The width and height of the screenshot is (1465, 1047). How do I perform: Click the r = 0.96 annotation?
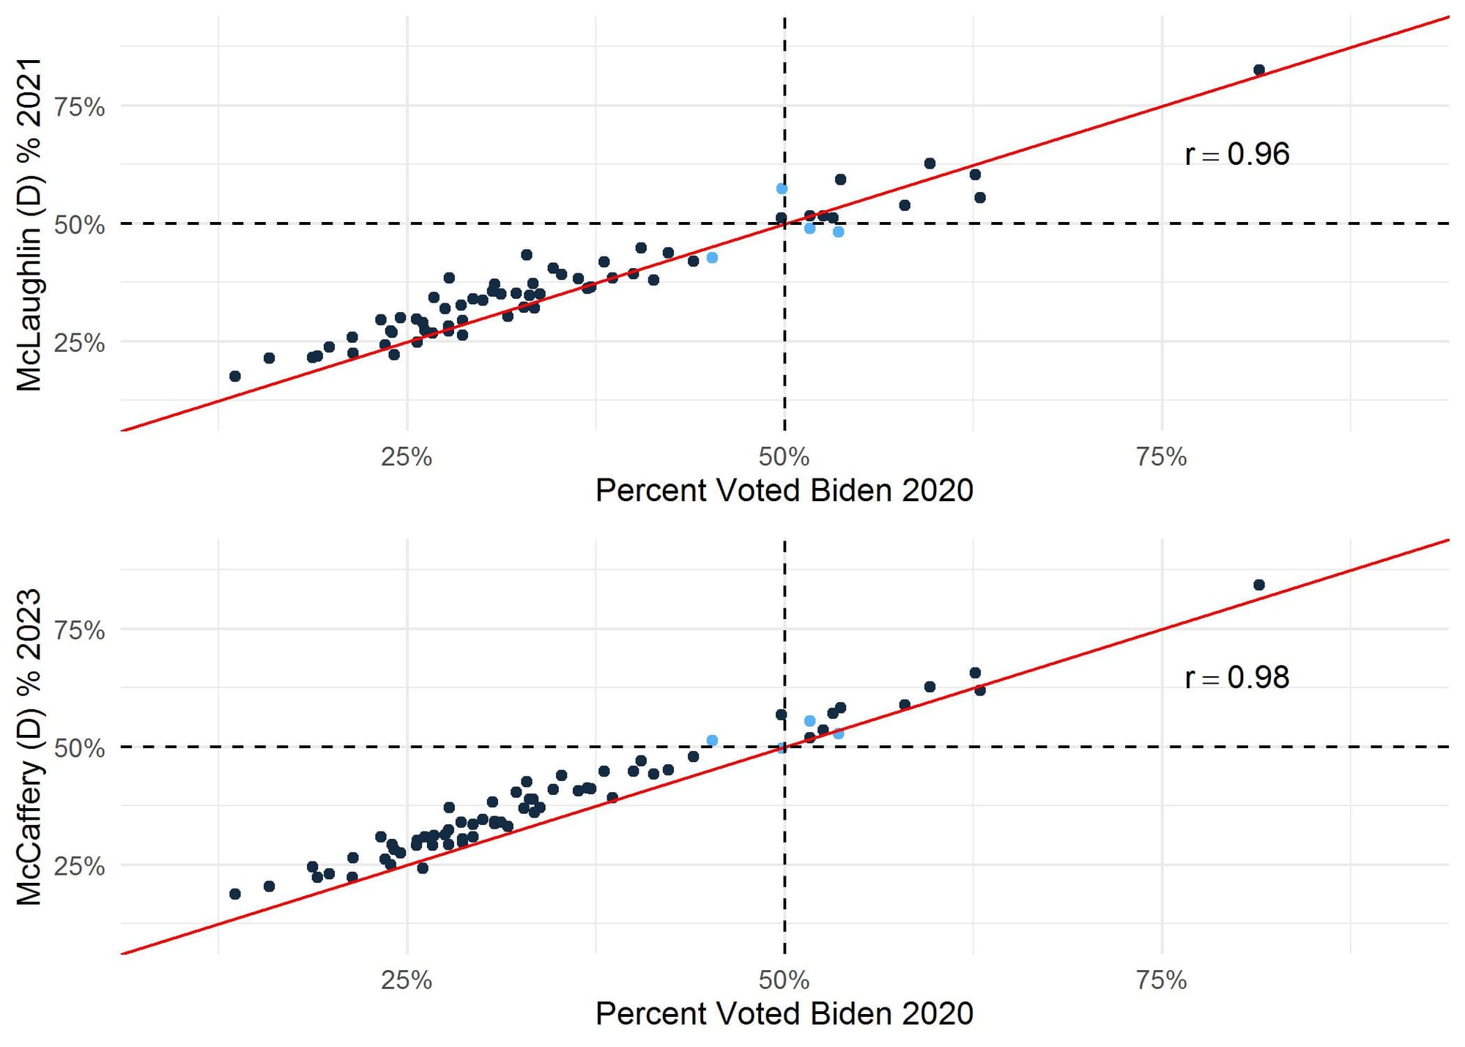pyautogui.click(x=1236, y=155)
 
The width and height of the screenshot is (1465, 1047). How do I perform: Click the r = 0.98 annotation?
pyautogui.click(x=1236, y=678)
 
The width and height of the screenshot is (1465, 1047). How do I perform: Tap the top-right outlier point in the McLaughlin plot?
pyautogui.click(x=1258, y=70)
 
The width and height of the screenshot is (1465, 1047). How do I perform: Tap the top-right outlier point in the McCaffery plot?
pyautogui.click(x=1258, y=585)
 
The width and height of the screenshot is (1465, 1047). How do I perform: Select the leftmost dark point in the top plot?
pyautogui.click(x=235, y=376)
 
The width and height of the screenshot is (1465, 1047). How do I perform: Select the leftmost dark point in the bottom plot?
pyautogui.click(x=235, y=894)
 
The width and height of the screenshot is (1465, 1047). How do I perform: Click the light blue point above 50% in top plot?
pyautogui.click(x=782, y=189)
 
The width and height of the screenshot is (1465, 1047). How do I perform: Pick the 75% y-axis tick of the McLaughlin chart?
pyautogui.click(x=80, y=108)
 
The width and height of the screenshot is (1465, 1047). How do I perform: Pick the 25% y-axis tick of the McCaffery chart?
pyautogui.click(x=80, y=866)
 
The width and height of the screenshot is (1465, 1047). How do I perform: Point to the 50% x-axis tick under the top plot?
pyautogui.click(x=784, y=457)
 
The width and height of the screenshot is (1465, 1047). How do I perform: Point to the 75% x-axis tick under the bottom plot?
pyautogui.click(x=1161, y=980)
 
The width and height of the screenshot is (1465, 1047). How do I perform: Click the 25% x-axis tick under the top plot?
pyautogui.click(x=407, y=457)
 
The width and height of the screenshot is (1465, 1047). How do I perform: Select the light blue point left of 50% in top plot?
pyautogui.click(x=712, y=258)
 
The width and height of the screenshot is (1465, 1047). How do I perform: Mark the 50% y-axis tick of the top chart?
pyautogui.click(x=80, y=225)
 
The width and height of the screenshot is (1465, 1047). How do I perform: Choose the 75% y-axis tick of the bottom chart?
pyautogui.click(x=80, y=631)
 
